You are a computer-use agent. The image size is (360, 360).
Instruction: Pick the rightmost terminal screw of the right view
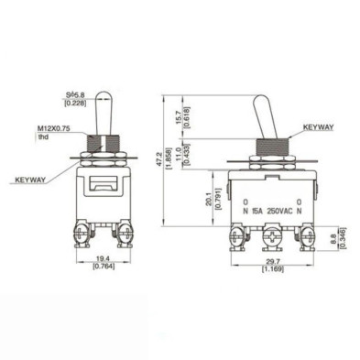pos(301,239)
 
